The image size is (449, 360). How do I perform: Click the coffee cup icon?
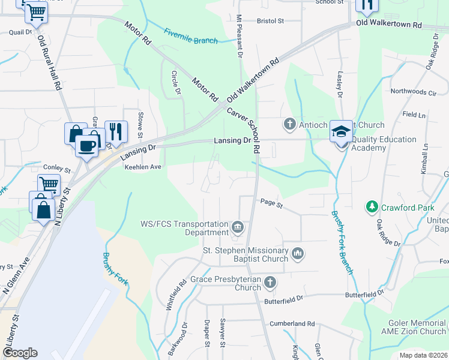click(x=86, y=146)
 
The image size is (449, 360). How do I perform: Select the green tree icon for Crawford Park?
click(x=372, y=207)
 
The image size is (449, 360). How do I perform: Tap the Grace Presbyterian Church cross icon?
click(x=271, y=282)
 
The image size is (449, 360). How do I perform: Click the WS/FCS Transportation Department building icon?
click(x=238, y=227)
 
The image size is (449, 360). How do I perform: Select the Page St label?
click(x=271, y=205)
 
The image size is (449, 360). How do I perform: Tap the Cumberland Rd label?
click(x=292, y=323)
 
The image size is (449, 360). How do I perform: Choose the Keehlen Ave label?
click(x=143, y=167)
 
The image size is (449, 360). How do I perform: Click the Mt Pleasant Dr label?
click(x=239, y=36)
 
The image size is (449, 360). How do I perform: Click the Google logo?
click(x=20, y=353)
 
